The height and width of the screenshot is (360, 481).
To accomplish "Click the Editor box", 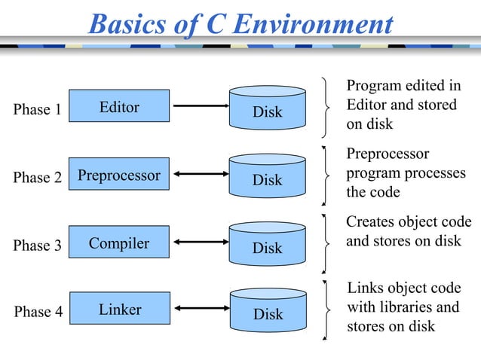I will click(x=119, y=107).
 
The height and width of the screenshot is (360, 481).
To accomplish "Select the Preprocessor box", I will click(x=119, y=175).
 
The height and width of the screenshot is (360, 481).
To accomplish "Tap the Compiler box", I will click(x=119, y=243).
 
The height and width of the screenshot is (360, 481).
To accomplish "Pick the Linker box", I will click(x=119, y=310).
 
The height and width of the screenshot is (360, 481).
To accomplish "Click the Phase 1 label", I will click(x=38, y=110).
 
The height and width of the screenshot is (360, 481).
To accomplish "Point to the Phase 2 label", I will click(x=38, y=178).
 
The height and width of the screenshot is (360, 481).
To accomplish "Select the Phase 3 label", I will click(x=38, y=246).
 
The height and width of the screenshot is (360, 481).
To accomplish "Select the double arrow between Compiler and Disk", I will click(x=200, y=243).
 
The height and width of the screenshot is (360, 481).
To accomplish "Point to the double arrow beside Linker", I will click(x=200, y=309).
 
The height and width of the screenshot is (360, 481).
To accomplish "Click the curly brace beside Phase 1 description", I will click(x=326, y=108).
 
